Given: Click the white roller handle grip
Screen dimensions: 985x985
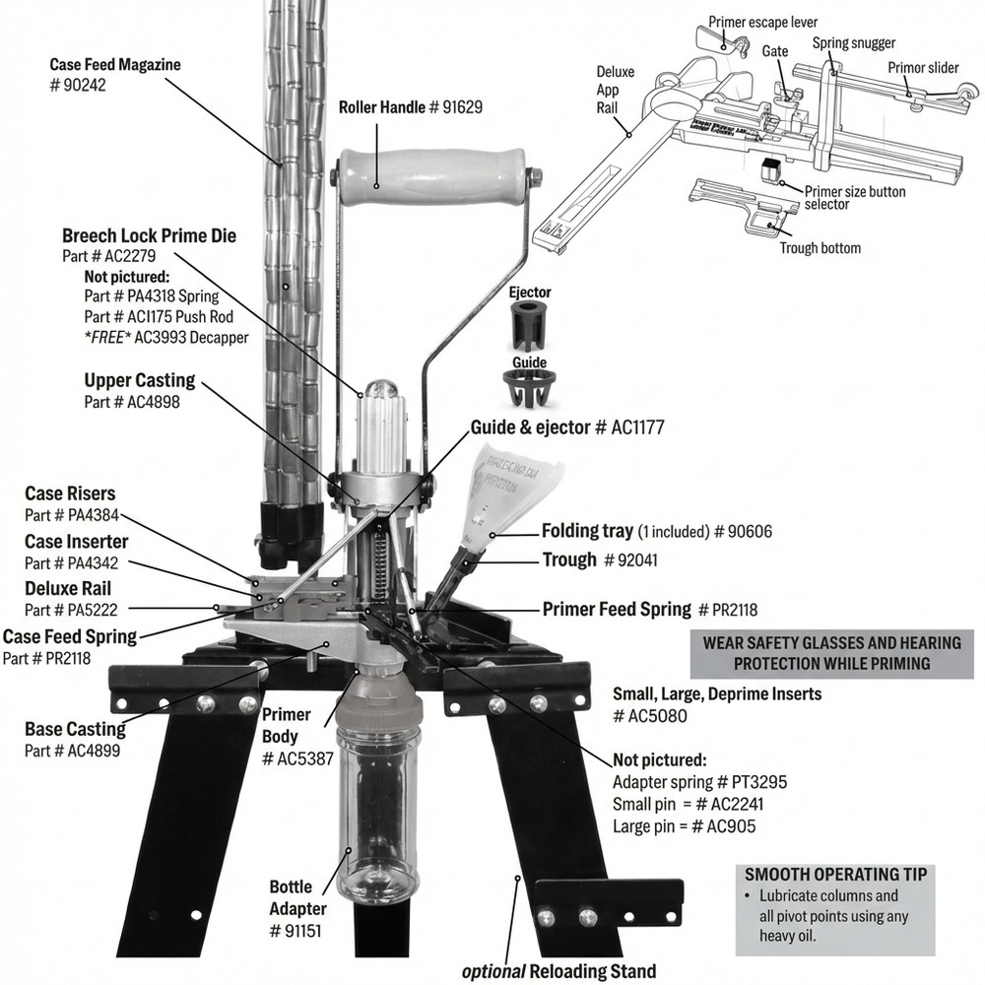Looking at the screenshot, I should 434,178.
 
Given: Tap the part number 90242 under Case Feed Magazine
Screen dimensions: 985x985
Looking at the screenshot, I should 78,86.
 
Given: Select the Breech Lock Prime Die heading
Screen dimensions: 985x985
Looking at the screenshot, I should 149,236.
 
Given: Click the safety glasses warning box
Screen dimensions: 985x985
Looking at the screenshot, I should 831,652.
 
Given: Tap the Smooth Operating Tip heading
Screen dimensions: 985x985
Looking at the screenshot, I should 835,874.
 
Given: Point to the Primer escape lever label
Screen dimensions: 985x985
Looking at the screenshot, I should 763,22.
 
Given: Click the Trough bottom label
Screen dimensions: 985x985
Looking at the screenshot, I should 820,248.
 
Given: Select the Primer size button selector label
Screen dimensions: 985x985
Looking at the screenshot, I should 855,198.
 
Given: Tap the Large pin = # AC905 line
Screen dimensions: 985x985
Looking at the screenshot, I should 685,826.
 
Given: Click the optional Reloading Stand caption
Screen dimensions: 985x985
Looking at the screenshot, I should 559,971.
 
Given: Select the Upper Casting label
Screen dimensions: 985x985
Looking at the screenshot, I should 140,380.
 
